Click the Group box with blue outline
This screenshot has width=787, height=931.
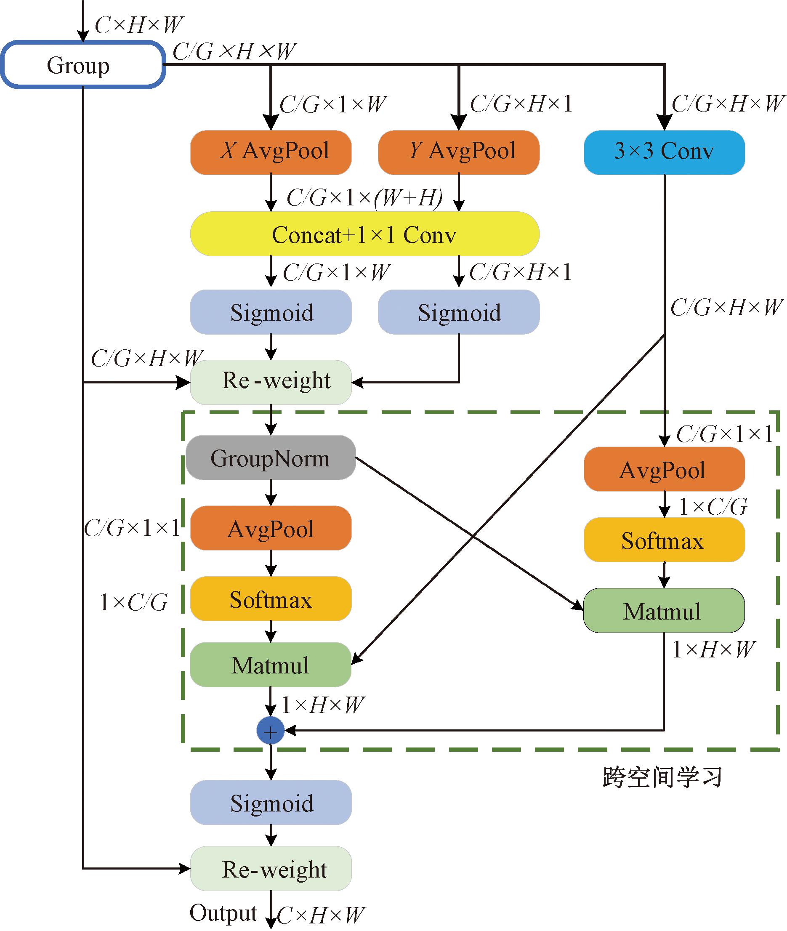[83, 65]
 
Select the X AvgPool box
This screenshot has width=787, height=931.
[271, 152]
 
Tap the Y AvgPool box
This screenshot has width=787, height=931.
[459, 152]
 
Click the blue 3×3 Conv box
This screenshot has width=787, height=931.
[664, 152]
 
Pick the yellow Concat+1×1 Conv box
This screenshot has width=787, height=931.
[364, 234]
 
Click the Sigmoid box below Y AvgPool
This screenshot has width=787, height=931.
[459, 312]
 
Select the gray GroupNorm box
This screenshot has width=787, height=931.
[271, 458]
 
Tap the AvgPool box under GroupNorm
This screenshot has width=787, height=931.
[271, 528]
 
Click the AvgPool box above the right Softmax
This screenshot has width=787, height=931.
[664, 470]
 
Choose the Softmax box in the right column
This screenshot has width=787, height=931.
[664, 540]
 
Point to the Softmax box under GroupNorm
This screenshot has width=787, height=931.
[271, 598]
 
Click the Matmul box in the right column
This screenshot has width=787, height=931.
[664, 611]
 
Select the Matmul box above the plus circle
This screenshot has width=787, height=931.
[271, 665]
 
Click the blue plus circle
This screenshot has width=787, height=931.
[270, 731]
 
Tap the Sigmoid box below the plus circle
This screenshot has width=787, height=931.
[271, 803]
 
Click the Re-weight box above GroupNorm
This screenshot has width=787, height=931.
[271, 382]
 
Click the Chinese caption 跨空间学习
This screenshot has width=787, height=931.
[662, 777]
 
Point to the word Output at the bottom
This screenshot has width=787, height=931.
[223, 913]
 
